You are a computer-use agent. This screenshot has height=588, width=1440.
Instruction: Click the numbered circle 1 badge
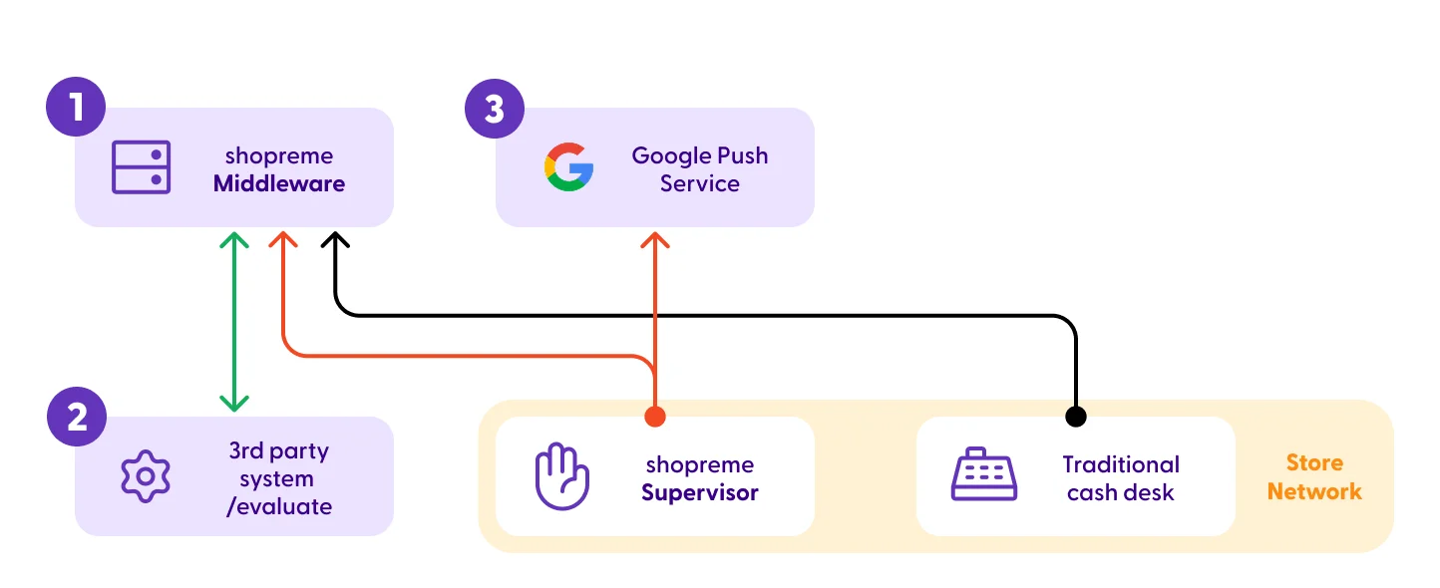[x=76, y=107]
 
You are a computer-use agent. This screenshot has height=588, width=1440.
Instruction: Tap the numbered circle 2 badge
[x=77, y=417]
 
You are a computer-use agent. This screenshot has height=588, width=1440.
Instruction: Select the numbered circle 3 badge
[x=495, y=109]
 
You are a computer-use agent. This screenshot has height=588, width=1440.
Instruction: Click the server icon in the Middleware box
[x=141, y=167]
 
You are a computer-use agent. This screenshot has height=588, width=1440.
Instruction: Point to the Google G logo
[x=569, y=167]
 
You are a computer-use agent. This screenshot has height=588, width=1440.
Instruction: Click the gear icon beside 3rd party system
[x=146, y=476]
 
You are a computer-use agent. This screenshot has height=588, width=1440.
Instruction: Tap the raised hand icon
[x=561, y=476]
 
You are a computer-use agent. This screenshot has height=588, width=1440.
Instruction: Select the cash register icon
[x=983, y=473]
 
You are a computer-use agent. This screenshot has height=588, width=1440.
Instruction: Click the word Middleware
[x=279, y=183]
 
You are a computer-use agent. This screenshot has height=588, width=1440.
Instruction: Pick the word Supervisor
[x=700, y=493]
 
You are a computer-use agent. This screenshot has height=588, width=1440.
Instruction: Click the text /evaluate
[x=279, y=506]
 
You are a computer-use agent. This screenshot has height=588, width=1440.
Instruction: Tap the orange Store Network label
[x=1314, y=476]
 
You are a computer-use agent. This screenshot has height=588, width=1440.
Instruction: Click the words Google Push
[x=700, y=155]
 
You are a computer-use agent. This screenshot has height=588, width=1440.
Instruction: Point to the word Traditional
[x=1121, y=464]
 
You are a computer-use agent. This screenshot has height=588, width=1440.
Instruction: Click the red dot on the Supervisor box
[x=655, y=417]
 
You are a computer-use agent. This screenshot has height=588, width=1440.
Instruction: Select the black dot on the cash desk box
[x=1075, y=417]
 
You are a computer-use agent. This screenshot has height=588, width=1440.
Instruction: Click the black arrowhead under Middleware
[x=335, y=240]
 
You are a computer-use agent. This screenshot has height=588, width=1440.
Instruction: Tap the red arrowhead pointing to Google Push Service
[x=655, y=240]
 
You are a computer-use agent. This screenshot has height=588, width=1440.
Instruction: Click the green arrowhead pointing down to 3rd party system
[x=234, y=404]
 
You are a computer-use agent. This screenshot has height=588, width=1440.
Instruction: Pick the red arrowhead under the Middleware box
[x=283, y=240]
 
